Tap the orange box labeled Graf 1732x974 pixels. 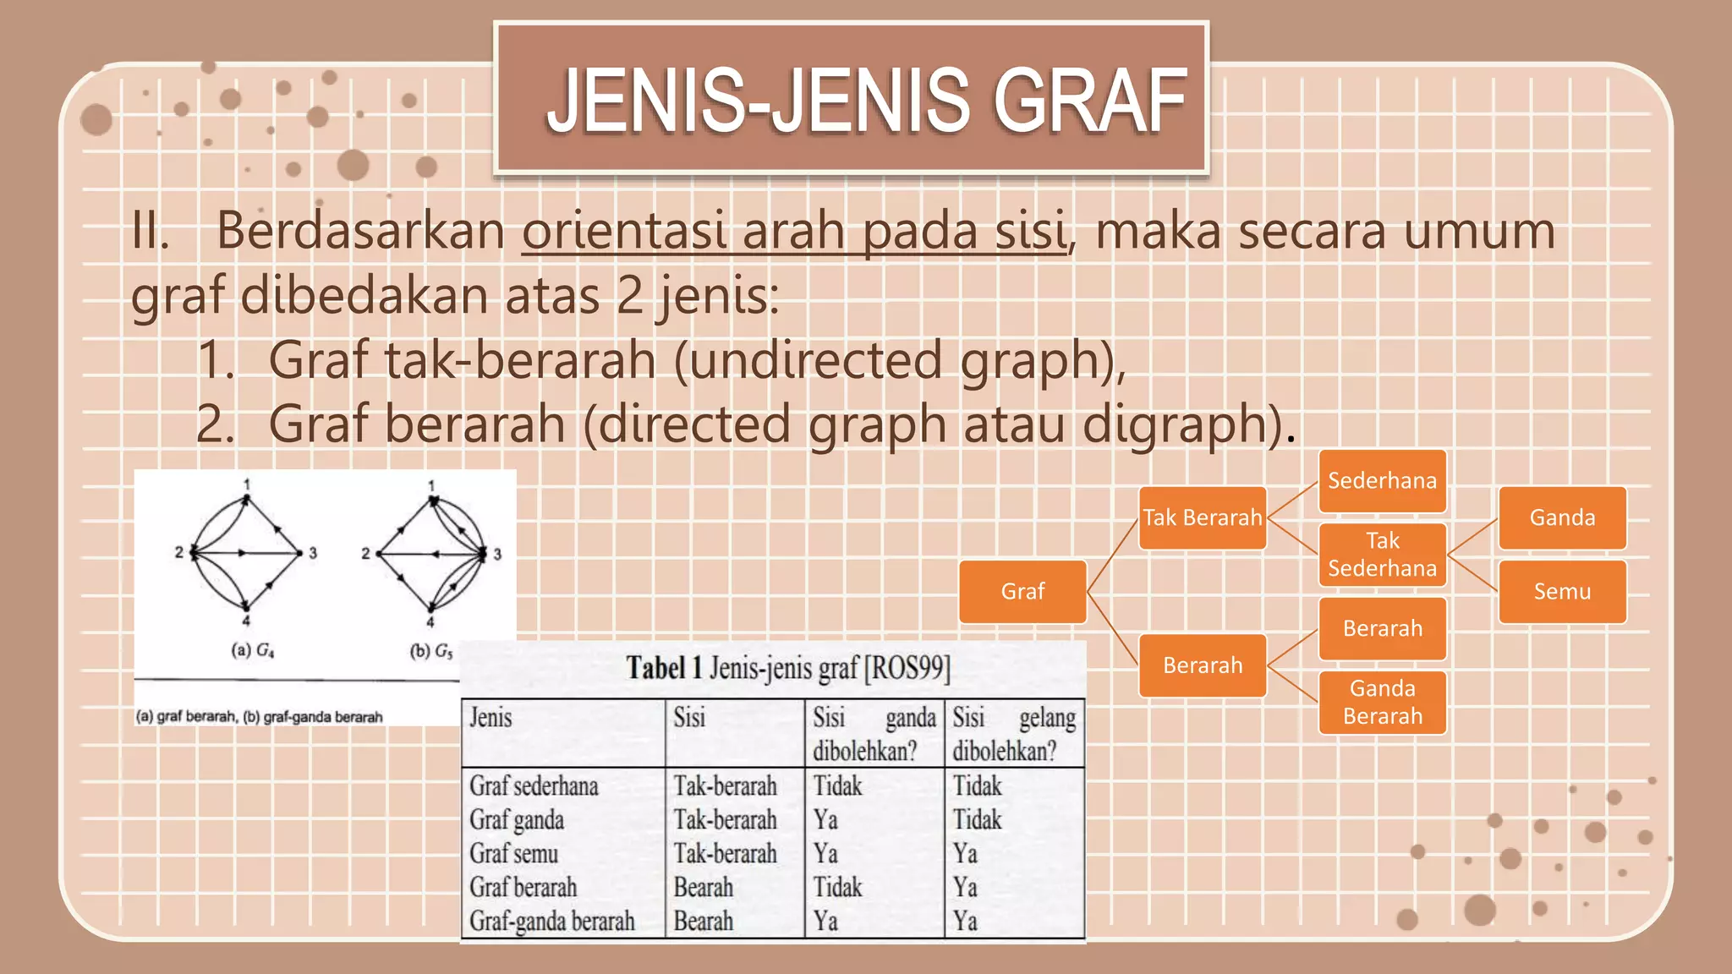[x=1022, y=591]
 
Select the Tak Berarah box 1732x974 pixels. [x=1202, y=517]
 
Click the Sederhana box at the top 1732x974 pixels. [x=1382, y=480]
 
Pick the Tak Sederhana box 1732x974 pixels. [x=1382, y=555]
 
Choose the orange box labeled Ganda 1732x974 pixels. [x=1562, y=517]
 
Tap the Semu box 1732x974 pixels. [x=1562, y=591]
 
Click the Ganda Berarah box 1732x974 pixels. [x=1382, y=702]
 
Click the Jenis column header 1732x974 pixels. [x=491, y=718]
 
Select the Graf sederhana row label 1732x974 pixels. [x=534, y=786]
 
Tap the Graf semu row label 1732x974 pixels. [x=514, y=854]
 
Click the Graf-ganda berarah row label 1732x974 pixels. [x=552, y=922]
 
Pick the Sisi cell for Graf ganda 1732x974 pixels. [x=725, y=820]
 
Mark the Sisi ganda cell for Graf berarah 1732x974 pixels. [x=837, y=888]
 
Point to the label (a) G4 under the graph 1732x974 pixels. [x=253, y=650]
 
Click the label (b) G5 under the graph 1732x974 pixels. [x=431, y=651]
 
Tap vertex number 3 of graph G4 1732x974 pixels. [x=312, y=553]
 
